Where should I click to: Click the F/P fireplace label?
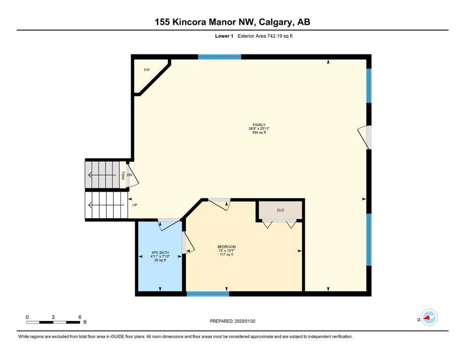click(x=147, y=70)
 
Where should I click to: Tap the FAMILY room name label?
click(x=259, y=125)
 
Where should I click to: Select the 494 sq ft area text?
click(x=259, y=133)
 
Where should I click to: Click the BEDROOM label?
click(x=227, y=247)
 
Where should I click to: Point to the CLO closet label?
click(x=280, y=210)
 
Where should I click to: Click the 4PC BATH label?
click(x=160, y=253)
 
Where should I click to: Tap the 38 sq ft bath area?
click(x=160, y=260)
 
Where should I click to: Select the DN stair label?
click(x=129, y=175)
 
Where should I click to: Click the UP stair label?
click(x=135, y=205)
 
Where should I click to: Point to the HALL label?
click(x=123, y=175)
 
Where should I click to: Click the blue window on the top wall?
click(x=220, y=57)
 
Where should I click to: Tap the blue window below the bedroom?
click(x=208, y=294)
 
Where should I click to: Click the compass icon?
click(x=429, y=317)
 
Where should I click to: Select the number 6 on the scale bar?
click(x=80, y=317)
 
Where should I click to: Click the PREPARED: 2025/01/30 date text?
click(x=232, y=321)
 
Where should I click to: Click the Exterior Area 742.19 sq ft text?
click(x=265, y=36)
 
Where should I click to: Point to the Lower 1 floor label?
click(x=224, y=36)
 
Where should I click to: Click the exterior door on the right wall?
click(x=365, y=138)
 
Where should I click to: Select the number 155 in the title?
click(x=162, y=22)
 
